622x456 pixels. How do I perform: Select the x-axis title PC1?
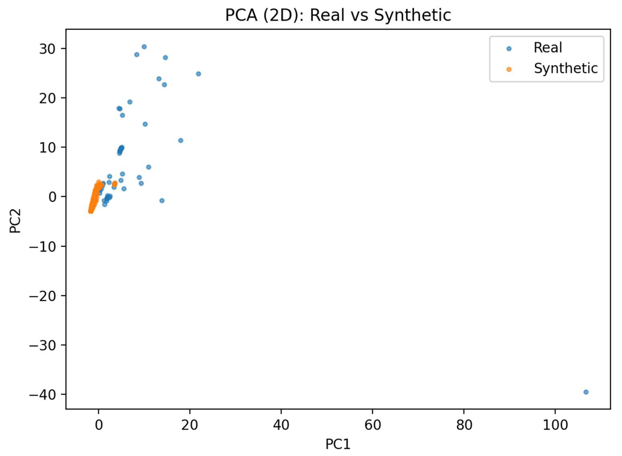(x=338, y=444)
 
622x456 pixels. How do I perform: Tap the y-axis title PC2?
(x=15, y=221)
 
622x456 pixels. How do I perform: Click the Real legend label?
(x=548, y=48)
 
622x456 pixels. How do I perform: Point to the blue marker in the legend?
(x=509, y=49)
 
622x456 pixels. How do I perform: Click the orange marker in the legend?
(x=509, y=70)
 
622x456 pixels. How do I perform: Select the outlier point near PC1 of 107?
(x=586, y=392)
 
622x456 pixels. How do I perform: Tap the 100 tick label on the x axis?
(x=555, y=425)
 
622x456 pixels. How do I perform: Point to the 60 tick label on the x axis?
(x=372, y=425)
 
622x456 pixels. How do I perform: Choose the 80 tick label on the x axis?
(x=464, y=425)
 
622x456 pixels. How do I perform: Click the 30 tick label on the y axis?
(x=47, y=49)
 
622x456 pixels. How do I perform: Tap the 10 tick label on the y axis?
(x=47, y=147)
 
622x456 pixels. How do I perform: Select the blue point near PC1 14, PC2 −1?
(x=162, y=201)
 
